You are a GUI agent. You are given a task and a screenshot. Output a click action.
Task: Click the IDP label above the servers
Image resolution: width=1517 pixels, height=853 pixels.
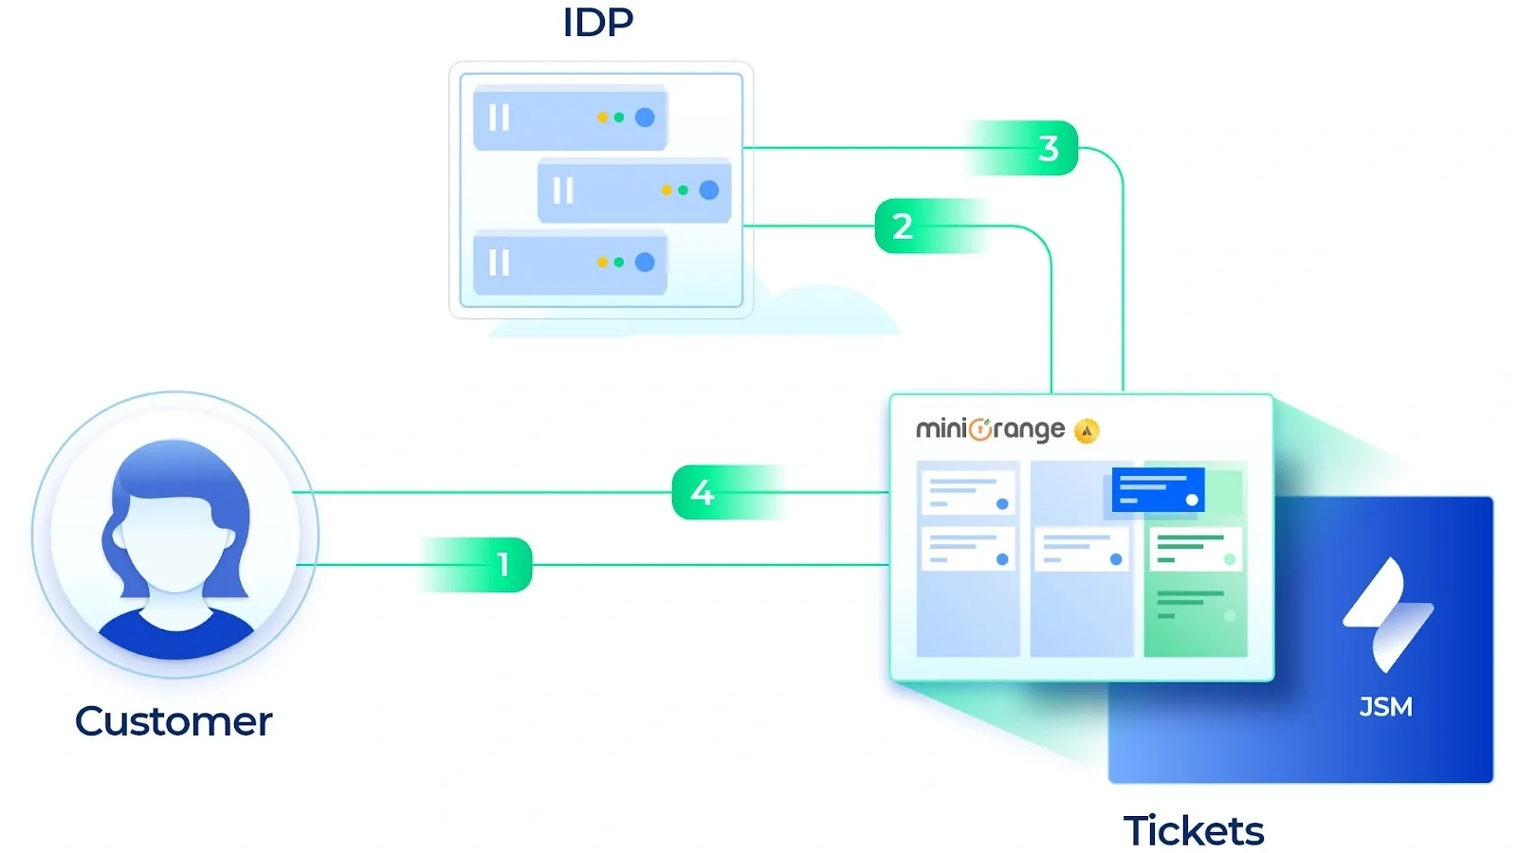coord(597,23)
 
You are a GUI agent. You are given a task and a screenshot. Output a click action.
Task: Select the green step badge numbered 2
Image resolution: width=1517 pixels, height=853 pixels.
coord(903,226)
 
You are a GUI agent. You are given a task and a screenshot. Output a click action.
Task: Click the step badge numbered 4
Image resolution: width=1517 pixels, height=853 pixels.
coord(703,492)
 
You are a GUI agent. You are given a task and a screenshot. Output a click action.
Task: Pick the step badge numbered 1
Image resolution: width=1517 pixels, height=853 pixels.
coord(502,565)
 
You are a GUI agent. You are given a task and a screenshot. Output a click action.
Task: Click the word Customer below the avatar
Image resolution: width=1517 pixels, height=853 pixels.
coord(174,721)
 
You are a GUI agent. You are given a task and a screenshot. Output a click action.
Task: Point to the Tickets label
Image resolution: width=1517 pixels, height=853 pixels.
coord(1193,830)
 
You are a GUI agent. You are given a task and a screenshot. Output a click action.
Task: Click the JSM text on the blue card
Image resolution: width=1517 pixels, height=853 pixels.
coord(1385,707)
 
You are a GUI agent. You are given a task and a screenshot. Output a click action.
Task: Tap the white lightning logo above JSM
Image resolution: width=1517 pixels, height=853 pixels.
coord(1387,614)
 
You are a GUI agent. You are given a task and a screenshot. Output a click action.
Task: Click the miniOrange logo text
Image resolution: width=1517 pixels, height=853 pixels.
coord(989,429)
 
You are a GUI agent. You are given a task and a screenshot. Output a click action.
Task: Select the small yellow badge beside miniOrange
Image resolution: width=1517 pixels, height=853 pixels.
coord(1087,431)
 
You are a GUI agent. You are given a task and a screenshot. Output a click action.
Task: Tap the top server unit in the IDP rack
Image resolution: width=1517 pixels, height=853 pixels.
coord(570,118)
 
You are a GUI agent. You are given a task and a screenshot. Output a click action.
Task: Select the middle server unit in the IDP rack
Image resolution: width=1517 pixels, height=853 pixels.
coord(633,191)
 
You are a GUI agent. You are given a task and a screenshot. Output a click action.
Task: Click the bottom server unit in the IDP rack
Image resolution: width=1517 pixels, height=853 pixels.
coord(570,263)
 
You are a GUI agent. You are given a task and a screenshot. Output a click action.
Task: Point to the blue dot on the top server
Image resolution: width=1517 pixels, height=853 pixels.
coord(645,118)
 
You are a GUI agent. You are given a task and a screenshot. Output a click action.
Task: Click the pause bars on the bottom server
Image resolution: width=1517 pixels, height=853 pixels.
coord(499,263)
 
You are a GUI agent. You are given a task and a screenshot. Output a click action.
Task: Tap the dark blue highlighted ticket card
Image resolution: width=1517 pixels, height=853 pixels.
coord(1158,490)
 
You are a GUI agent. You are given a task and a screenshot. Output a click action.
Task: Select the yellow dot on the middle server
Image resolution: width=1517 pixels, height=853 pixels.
coord(667,191)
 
